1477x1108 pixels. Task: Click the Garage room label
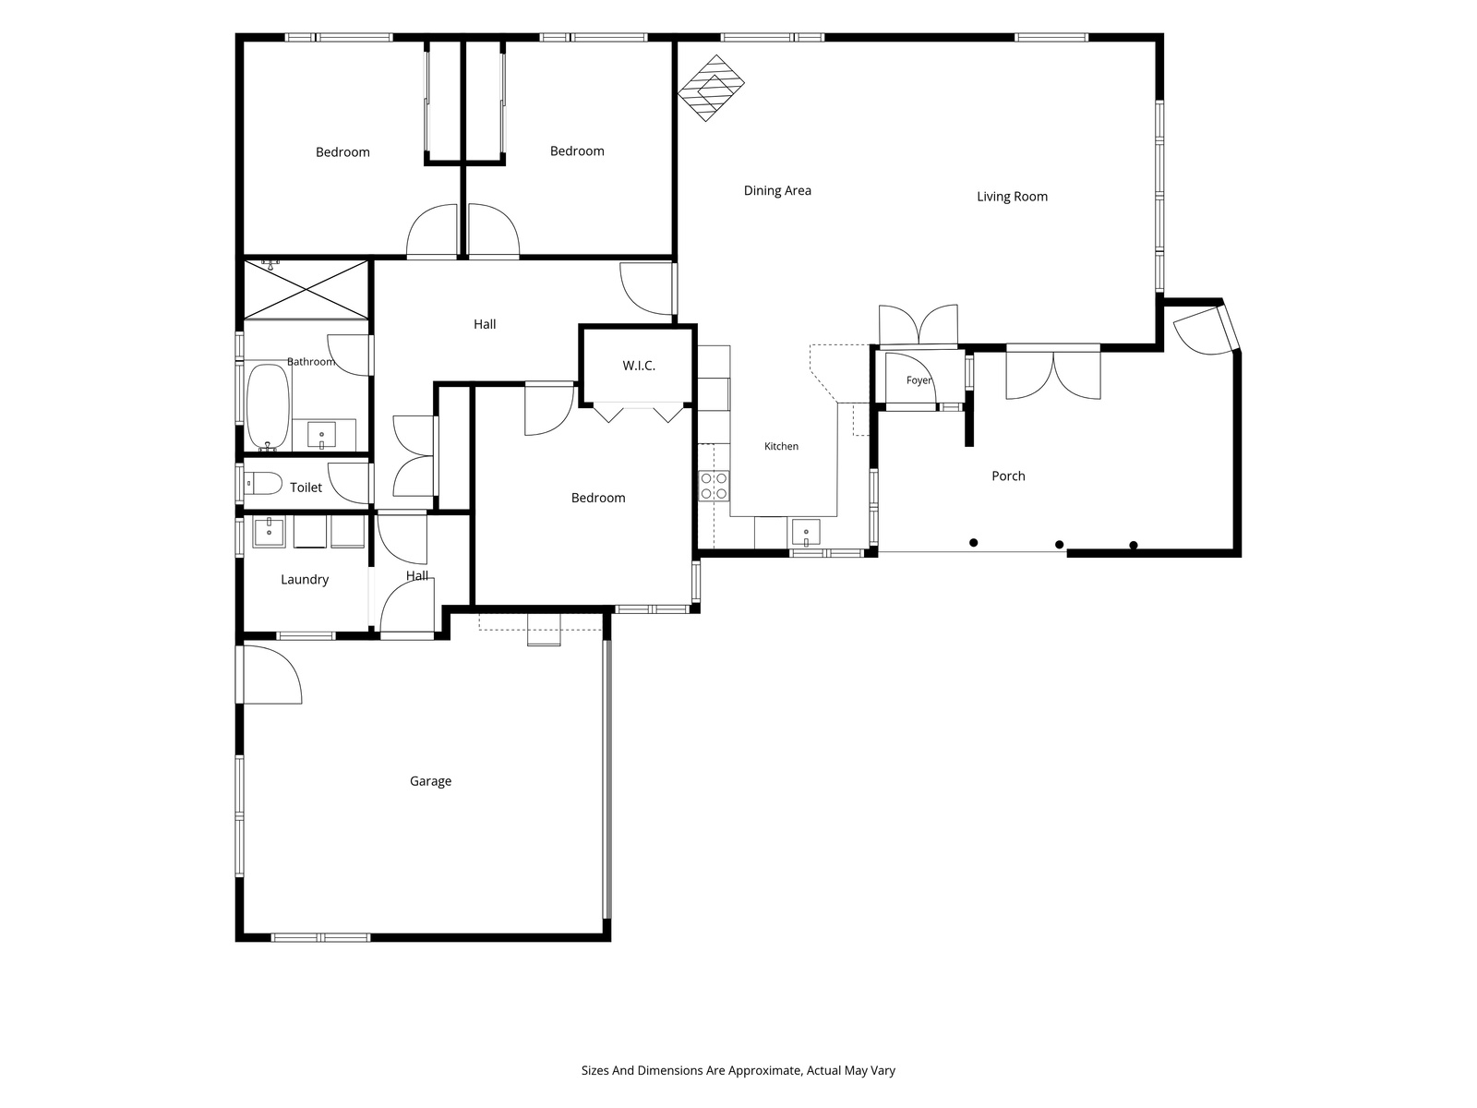coord(430,781)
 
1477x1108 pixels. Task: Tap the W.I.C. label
coord(639,366)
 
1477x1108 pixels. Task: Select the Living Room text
coord(1012,197)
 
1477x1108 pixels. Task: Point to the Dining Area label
coord(777,190)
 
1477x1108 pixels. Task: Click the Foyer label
coord(919,380)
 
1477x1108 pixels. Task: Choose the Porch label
coord(1008,476)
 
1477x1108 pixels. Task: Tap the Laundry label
coord(304,579)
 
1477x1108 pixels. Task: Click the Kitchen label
coord(781,446)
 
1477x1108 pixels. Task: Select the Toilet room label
coord(306,488)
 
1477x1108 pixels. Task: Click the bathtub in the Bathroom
coord(268,406)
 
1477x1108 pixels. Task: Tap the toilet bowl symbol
coord(263,483)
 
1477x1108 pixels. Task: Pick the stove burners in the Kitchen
coord(714,486)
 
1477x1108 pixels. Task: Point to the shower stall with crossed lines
coord(306,290)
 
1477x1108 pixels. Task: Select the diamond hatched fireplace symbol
coord(711,88)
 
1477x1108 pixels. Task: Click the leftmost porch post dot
coord(973,542)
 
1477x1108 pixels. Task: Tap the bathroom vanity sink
coord(321,435)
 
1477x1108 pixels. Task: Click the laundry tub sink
coord(270,532)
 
